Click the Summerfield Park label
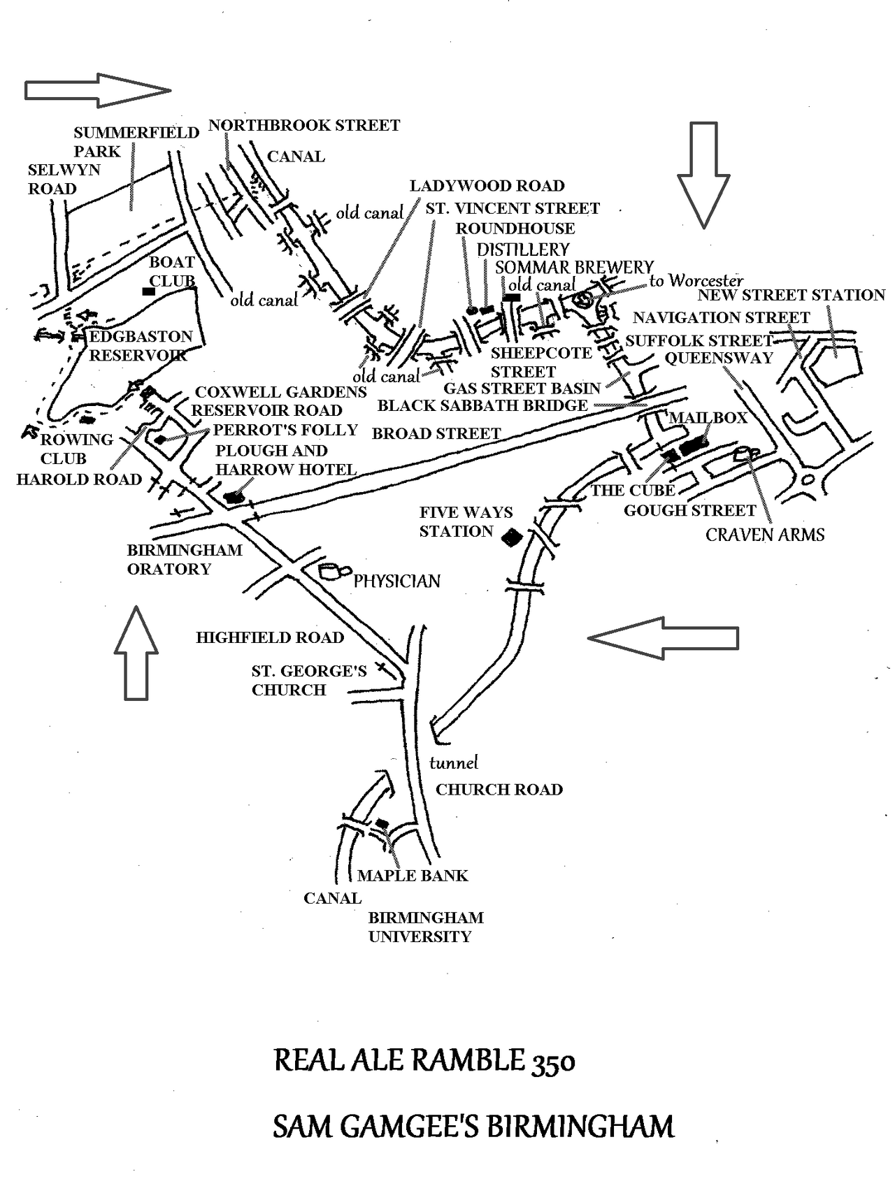click(x=136, y=142)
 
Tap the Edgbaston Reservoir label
click(x=140, y=346)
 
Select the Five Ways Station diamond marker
click(x=513, y=537)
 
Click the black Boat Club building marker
click(x=148, y=291)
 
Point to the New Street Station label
click(x=791, y=295)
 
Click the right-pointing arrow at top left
click(x=98, y=90)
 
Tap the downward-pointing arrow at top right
click(x=703, y=175)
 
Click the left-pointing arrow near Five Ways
click(x=663, y=637)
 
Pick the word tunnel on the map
click(x=454, y=762)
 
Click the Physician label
click(x=396, y=581)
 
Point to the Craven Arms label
click(x=765, y=535)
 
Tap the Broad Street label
click(x=436, y=433)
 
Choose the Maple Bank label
click(x=413, y=876)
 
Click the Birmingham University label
click(x=425, y=927)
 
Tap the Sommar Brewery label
click(x=574, y=267)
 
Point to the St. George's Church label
click(x=308, y=681)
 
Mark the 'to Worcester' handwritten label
click(x=696, y=281)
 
